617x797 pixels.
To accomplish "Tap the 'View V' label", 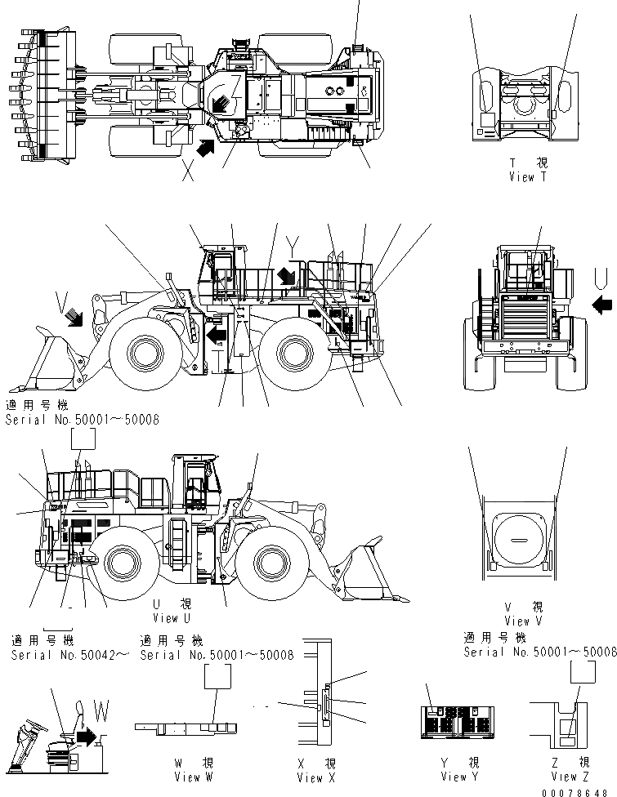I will point(519,621).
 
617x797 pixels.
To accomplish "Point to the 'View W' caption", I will point(193,777).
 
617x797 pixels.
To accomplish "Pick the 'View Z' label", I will point(565,777).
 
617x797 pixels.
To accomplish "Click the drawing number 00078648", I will point(583,791).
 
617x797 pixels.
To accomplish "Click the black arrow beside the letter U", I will point(601,305).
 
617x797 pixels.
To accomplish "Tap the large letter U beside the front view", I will point(601,279).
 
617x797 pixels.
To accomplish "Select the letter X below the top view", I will point(190,173).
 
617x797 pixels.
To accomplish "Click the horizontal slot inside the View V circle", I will point(518,540).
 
